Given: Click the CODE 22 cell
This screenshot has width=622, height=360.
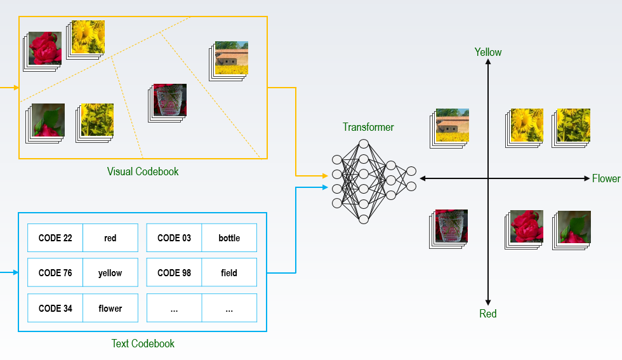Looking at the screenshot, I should tap(55, 238).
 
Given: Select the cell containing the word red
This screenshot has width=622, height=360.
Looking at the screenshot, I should tap(110, 238).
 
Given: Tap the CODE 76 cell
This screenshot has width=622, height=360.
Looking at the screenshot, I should tap(55, 273).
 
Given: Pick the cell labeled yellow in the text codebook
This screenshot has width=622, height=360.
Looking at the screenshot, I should tap(110, 273).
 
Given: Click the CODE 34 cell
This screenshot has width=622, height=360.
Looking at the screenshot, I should tap(55, 309).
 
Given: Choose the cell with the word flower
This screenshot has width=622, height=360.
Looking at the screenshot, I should tap(110, 309).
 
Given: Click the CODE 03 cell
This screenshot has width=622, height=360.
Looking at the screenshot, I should tap(174, 238).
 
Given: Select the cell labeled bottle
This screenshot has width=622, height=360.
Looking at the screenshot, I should tap(229, 238).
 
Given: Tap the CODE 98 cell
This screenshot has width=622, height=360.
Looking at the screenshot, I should tap(174, 273).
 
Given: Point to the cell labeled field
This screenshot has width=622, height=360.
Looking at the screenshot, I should tap(229, 273).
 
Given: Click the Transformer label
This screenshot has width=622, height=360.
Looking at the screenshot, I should tap(368, 127).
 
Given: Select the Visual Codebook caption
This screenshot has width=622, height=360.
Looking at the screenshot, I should tap(143, 171).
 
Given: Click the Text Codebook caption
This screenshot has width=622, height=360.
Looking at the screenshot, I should tap(143, 343).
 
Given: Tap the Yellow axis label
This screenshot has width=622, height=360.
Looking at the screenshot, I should tap(488, 52).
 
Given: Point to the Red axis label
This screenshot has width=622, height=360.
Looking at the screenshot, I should tap(488, 314).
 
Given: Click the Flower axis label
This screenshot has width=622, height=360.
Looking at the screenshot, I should tap(605, 178).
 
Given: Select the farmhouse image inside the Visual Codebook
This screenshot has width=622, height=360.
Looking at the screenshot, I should tap(230, 59).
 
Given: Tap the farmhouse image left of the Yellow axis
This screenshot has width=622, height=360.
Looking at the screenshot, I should tap(451, 126).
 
